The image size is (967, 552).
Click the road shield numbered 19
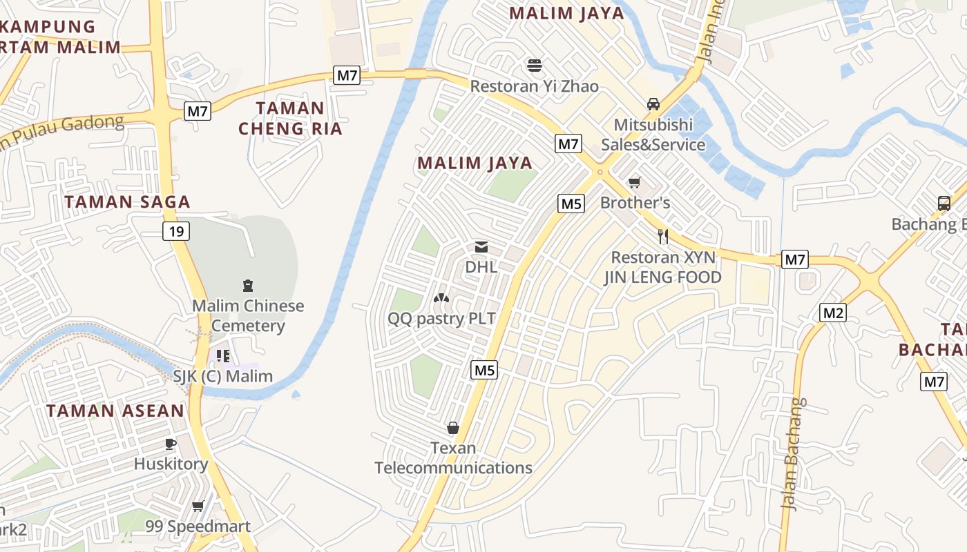[x=176, y=231]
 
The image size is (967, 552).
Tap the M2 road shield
[x=833, y=313]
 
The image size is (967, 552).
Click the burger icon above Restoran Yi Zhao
[x=534, y=66]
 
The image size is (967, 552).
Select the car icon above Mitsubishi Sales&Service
[x=653, y=104]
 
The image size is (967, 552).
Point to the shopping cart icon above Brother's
[x=634, y=183]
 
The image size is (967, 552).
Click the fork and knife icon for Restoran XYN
[x=663, y=237]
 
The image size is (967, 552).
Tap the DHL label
[x=481, y=266]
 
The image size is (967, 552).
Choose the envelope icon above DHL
[x=481, y=246]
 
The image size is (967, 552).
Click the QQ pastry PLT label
[x=441, y=318]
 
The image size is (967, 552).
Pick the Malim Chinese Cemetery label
[x=248, y=315]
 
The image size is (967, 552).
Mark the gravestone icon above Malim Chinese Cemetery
[x=247, y=286]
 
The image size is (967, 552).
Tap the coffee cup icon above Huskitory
[x=171, y=444]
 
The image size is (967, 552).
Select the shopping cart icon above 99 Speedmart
[x=198, y=506]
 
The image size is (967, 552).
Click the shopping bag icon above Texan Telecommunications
[x=453, y=428]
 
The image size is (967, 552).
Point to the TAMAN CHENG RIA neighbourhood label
[x=290, y=118]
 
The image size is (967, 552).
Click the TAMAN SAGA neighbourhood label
[x=127, y=201]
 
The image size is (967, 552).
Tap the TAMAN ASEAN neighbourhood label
[x=115, y=411]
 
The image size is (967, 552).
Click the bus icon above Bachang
[x=944, y=204]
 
